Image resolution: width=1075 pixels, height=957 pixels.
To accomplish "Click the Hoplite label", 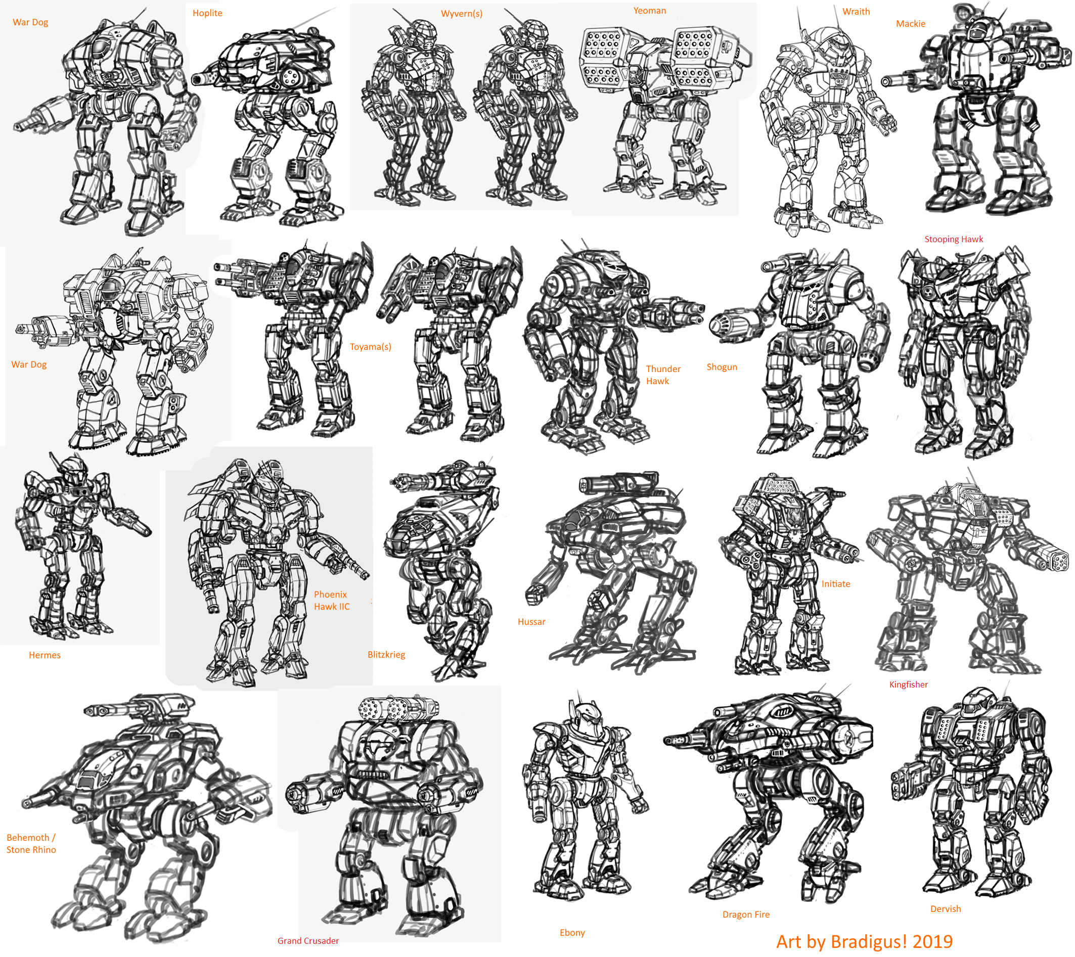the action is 207,13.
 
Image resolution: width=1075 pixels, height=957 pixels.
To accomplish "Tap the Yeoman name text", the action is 650,11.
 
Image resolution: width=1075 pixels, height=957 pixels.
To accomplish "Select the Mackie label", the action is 910,24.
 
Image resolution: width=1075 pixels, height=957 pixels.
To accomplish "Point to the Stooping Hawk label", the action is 954,239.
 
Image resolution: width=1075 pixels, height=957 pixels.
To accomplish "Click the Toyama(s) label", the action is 370,347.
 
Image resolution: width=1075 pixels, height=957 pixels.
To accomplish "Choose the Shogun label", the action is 722,367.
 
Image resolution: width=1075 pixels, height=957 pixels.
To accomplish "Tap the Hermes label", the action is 44,655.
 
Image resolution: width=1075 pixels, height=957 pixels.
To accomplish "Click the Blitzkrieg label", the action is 386,655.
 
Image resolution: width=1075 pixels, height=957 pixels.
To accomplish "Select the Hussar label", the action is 531,622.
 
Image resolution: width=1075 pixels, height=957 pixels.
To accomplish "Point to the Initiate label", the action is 836,584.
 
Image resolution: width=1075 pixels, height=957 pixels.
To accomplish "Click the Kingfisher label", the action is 908,685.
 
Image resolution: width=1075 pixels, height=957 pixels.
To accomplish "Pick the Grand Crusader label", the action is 308,941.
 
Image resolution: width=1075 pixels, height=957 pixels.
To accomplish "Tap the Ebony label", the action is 572,932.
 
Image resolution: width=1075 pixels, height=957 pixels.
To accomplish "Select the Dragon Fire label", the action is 746,915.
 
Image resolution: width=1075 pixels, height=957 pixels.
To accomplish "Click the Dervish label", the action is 946,909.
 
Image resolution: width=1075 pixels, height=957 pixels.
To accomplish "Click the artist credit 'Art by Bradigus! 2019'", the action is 864,941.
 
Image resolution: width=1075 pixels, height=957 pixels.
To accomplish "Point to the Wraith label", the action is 856,12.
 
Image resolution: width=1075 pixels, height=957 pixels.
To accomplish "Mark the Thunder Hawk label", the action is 663,375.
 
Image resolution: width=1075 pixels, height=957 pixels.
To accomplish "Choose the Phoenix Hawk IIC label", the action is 332,601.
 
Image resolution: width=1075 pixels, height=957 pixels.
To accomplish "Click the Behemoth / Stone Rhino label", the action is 31,843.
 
